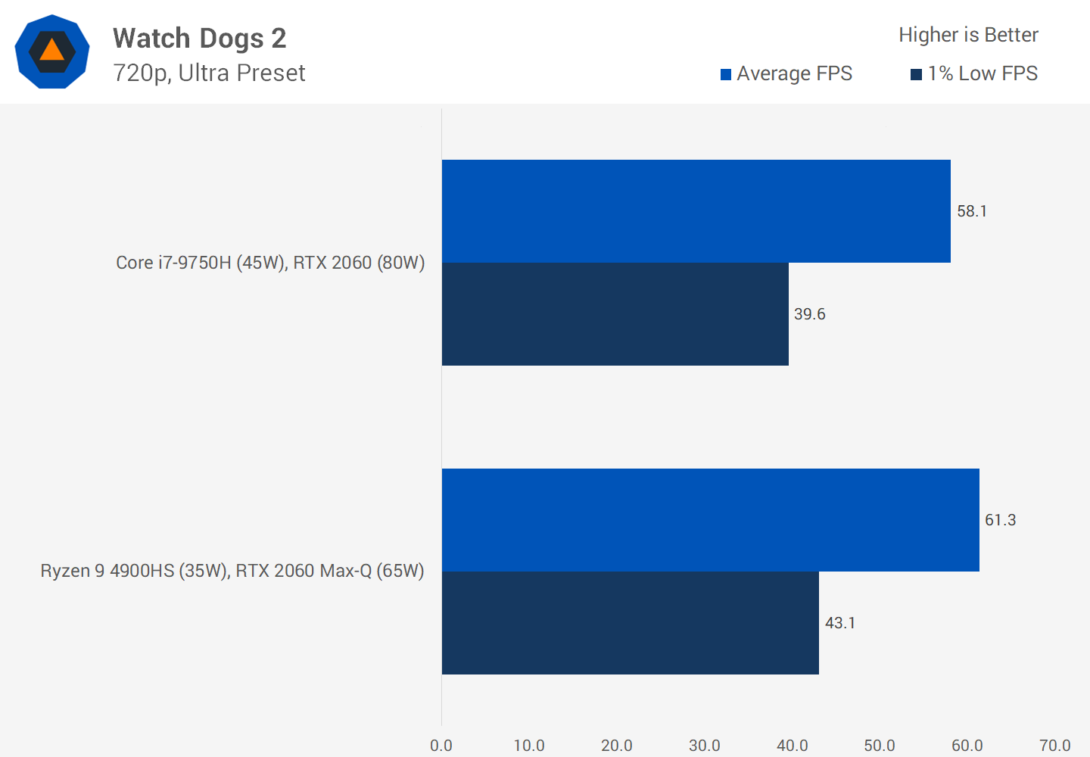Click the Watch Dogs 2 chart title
point(199,38)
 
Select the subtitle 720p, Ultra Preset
point(209,73)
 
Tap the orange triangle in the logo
point(51,50)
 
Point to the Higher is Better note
point(968,35)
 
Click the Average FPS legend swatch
point(726,74)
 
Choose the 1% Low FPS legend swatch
point(916,74)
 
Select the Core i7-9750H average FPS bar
point(696,211)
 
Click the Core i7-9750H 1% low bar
point(615,314)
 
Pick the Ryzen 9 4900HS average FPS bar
point(710,520)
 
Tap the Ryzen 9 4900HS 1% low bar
point(630,623)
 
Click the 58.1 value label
point(972,211)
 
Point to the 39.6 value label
point(809,314)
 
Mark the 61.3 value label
point(1000,520)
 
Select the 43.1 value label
point(840,623)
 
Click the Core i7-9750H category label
point(270,263)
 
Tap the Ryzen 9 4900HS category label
point(232,571)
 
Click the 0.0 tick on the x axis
point(441,746)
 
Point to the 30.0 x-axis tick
point(705,746)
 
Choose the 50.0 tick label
point(880,746)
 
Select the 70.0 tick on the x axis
point(1055,746)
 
